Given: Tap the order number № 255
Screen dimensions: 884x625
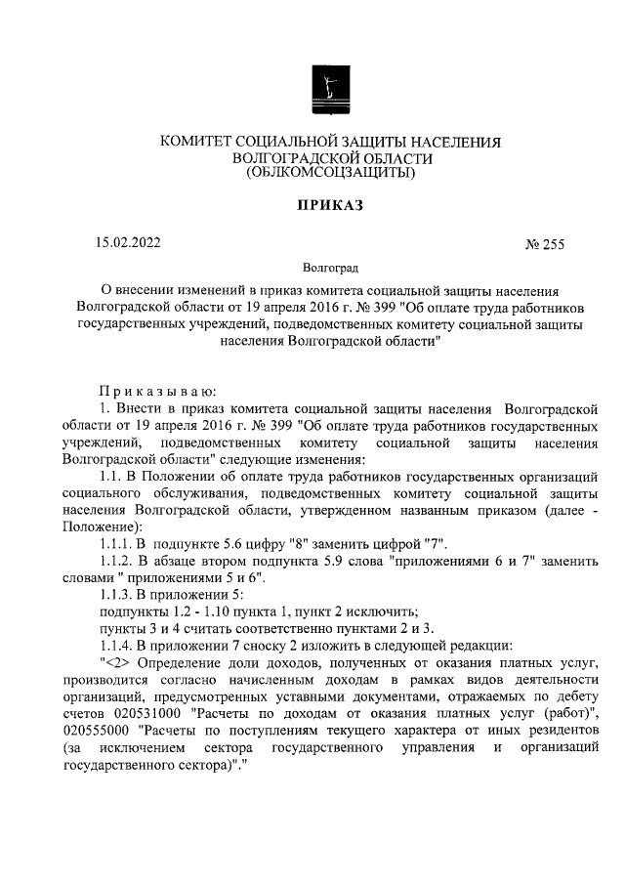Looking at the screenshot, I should click(x=545, y=244).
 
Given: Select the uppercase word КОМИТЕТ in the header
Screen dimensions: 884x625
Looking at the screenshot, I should click(x=202, y=142).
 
